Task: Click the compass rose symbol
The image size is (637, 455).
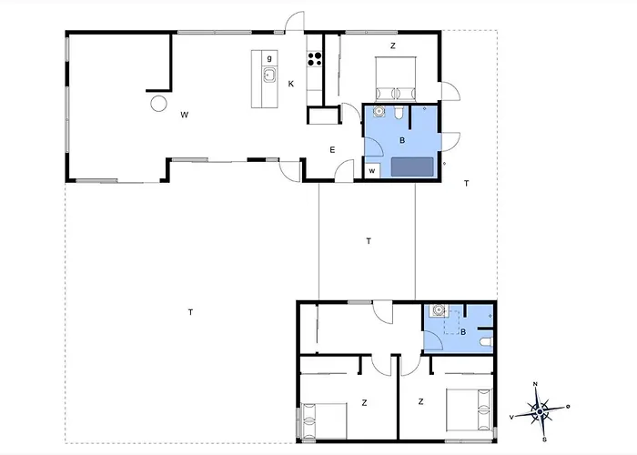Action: (540, 411)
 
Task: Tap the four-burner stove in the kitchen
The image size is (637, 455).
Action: (314, 58)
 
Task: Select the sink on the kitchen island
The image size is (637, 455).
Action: (269, 76)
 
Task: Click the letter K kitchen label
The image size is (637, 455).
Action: (291, 84)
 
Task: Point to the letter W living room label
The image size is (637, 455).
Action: (185, 115)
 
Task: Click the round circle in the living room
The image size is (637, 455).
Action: (158, 103)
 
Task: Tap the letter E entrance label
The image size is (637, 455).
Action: (332, 150)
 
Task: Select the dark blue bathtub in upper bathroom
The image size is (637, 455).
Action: (412, 167)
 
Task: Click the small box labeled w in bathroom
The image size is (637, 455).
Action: (372, 171)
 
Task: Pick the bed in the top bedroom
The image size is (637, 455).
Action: (395, 78)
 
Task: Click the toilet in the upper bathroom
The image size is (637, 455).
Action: (399, 113)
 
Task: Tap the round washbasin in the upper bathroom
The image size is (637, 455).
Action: (379, 111)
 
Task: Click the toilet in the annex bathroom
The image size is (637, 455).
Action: (486, 343)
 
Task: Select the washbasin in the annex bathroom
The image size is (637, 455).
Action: (438, 310)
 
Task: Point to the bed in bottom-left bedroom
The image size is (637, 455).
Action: (323, 420)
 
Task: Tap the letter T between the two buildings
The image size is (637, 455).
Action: (369, 241)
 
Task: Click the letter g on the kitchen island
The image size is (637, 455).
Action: (269, 58)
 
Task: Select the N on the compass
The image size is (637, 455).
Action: (535, 384)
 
